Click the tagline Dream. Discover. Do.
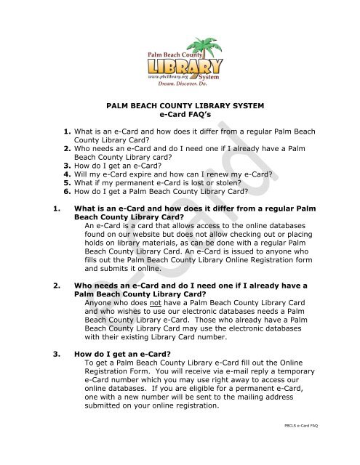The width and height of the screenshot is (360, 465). coord(179,82)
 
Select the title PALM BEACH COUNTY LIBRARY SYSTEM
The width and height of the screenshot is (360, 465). coord(179,106)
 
